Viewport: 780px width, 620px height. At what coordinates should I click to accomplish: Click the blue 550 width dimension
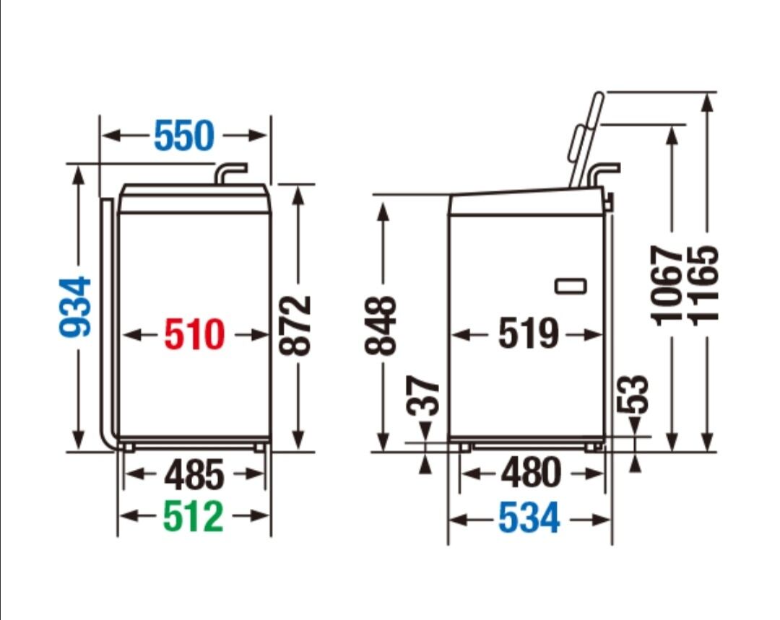(x=184, y=135)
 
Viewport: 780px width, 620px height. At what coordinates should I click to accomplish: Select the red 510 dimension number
(x=194, y=334)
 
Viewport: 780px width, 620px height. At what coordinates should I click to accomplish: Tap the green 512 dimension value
(x=193, y=517)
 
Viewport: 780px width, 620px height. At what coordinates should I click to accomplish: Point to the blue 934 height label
(x=76, y=307)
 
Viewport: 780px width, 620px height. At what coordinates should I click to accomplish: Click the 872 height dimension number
(x=295, y=326)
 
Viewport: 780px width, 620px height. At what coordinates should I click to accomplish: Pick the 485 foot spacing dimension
(x=194, y=475)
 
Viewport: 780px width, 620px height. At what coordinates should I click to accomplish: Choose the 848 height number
(x=381, y=326)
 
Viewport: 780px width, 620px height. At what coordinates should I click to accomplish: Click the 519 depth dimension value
(x=529, y=333)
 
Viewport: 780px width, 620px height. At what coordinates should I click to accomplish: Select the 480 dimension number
(x=532, y=473)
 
